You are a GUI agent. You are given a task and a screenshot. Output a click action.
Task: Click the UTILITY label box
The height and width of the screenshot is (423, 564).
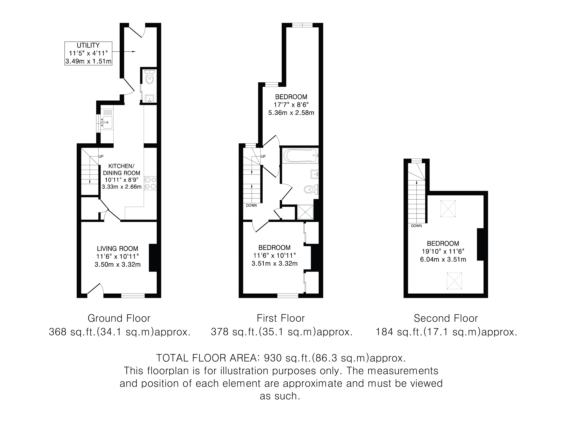click(x=88, y=53)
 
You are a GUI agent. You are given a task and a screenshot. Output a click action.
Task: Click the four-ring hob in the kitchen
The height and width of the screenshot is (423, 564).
click(x=150, y=183)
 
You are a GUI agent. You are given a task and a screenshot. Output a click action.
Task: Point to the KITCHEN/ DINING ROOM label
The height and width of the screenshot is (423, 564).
click(x=122, y=169)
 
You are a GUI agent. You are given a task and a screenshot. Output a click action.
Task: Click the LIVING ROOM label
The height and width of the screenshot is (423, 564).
click(x=117, y=248)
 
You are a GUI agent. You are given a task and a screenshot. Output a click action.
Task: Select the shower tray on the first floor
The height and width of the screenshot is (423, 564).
click(x=305, y=212)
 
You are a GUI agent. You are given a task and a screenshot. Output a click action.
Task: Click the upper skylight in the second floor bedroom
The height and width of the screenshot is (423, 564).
click(x=448, y=209)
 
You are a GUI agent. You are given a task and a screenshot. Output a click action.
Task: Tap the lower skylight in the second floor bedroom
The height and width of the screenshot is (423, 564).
click(x=454, y=281)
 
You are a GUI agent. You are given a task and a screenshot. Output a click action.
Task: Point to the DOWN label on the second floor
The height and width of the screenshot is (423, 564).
click(x=416, y=226)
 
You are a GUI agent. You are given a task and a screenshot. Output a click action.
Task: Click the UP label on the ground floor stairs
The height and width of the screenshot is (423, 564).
click(x=101, y=156)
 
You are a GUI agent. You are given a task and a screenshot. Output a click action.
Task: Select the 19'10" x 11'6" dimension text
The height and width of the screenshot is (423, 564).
click(x=443, y=251)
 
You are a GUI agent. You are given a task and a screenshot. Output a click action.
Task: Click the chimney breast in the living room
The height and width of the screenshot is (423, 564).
click(x=153, y=258)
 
